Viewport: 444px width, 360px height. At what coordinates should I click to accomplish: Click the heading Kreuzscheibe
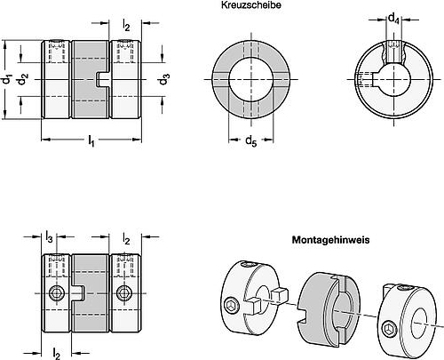tap(251, 5)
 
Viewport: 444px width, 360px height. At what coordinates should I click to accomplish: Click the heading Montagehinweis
tap(330, 239)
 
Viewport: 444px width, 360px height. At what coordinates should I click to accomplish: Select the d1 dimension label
tap(5, 79)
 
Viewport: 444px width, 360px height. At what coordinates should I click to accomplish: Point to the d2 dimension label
tap(22, 79)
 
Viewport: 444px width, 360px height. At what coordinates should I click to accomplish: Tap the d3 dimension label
tap(164, 79)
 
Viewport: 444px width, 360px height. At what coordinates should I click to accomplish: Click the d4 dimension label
tap(393, 19)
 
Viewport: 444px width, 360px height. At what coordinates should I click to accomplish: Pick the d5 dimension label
tap(251, 140)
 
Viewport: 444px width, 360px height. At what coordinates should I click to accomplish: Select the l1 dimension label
tap(91, 140)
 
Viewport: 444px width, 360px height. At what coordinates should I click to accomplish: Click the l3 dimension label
tap(49, 237)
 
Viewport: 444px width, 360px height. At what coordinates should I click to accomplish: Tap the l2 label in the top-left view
tap(126, 25)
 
